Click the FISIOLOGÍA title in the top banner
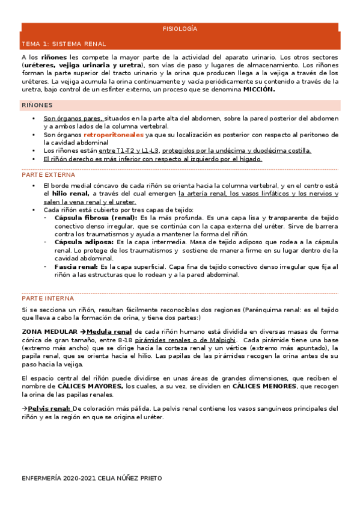(180, 29)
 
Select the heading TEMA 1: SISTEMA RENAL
(63, 44)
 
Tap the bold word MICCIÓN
(258, 89)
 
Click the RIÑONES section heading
(37, 105)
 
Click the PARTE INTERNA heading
(48, 298)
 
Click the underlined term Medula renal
(109, 331)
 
